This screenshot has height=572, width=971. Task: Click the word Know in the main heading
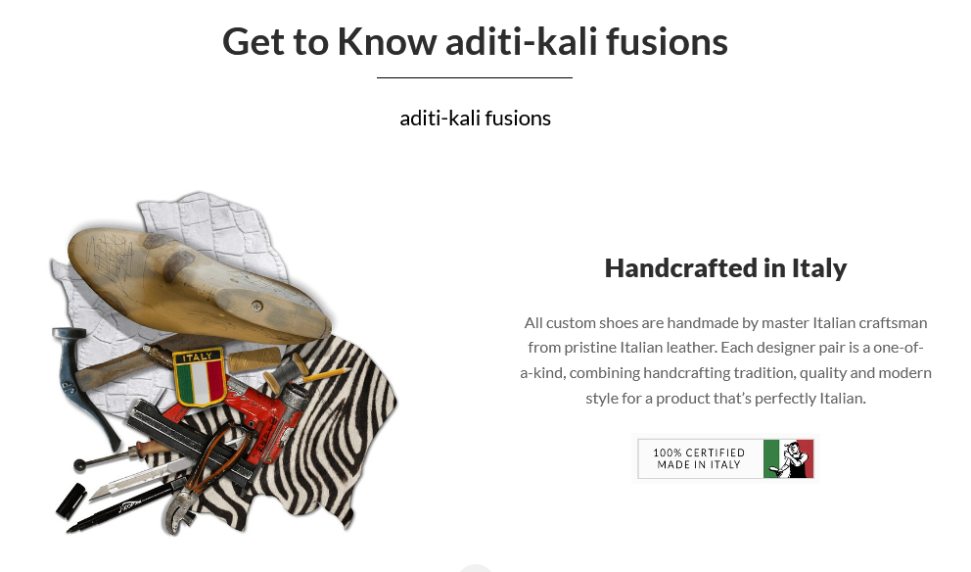pyautogui.click(x=387, y=42)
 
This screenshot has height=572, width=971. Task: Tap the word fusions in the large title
pyautogui.click(x=667, y=42)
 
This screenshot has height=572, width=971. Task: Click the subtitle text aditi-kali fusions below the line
pyautogui.click(x=475, y=118)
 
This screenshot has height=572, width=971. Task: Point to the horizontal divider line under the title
pyautogui.click(x=475, y=77)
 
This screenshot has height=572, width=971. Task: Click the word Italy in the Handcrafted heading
pyautogui.click(x=819, y=269)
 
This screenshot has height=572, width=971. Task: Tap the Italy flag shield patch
pyautogui.click(x=199, y=377)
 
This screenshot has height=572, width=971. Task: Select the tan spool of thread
pyautogui.click(x=254, y=359)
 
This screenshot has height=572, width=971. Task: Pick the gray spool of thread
pyautogui.click(x=286, y=373)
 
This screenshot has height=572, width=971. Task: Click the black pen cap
pyautogui.click(x=71, y=500)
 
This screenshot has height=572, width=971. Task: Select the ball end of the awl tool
pyautogui.click(x=80, y=465)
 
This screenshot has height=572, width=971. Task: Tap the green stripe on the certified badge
pyautogui.click(x=771, y=458)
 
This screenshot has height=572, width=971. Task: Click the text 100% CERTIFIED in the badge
pyautogui.click(x=699, y=453)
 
